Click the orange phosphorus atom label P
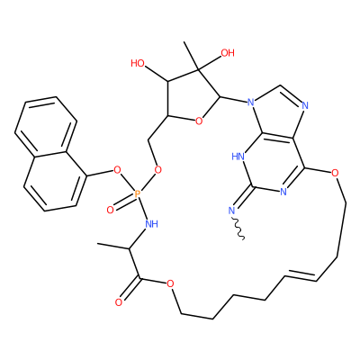(137, 194)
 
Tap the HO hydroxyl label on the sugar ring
(138, 63)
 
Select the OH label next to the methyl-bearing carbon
(228, 53)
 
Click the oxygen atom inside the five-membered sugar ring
(199, 121)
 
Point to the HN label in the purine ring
(238, 157)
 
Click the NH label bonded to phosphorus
(151, 223)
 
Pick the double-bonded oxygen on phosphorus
(110, 210)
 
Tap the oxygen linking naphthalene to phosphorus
(117, 171)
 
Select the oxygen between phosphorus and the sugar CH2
(157, 170)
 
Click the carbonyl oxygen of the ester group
(119, 302)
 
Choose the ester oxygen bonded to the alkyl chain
(170, 283)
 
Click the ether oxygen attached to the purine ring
(336, 173)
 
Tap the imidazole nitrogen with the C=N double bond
(305, 105)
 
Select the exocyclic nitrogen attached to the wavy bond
(231, 211)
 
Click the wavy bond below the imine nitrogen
(239, 228)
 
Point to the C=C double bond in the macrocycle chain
(301, 274)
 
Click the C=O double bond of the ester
(130, 290)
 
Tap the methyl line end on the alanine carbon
(98, 244)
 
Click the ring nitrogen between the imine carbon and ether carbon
(283, 192)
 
